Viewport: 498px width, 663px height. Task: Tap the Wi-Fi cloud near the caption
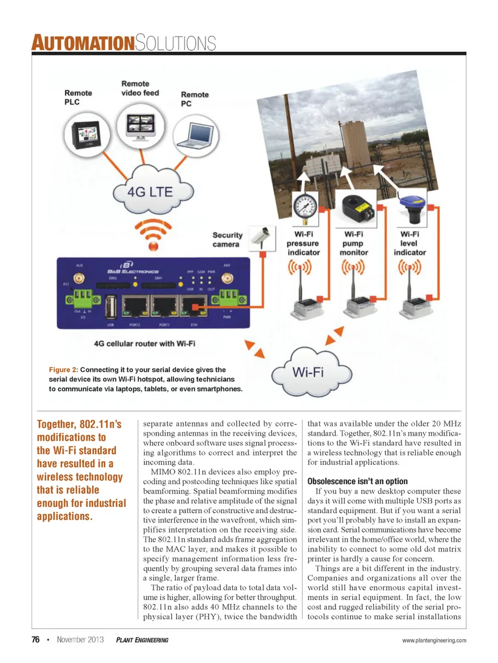pos(309,372)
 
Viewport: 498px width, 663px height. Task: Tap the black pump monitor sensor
pos(357,206)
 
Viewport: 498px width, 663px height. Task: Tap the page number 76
pos(35,640)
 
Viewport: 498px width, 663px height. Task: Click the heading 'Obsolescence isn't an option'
pos(357,481)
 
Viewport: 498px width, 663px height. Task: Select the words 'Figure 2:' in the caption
pos(63,370)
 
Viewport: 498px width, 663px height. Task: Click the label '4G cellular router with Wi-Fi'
pos(144,343)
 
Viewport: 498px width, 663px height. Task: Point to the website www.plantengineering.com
pos(434,640)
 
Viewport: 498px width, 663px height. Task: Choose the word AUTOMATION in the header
pos(83,43)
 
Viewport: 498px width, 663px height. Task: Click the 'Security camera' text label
pos(227,239)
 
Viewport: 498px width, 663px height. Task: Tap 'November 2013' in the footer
pos(80,640)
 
